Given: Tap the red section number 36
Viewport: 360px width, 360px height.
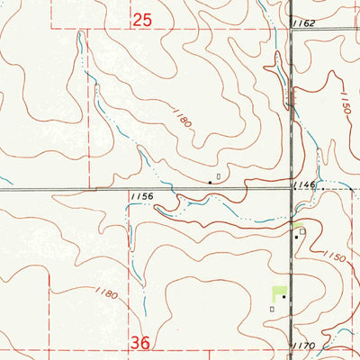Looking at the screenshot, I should click(141, 343).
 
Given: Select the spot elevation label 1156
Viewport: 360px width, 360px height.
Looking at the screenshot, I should click(140, 195).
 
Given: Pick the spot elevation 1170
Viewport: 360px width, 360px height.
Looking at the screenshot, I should click(304, 346).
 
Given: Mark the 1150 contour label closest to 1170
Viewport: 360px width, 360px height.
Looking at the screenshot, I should click(336, 258).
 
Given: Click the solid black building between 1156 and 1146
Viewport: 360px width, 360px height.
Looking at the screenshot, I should click(211, 182).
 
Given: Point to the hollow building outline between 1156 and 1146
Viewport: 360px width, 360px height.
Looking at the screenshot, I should click(218, 175).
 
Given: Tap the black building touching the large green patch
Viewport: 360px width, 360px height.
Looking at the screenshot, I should click(284, 297).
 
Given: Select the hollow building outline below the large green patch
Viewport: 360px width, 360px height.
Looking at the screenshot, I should click(272, 308).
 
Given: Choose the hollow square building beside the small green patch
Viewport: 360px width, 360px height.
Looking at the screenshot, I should click(303, 231).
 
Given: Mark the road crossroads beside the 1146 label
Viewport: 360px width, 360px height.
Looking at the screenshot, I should click(292, 189).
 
